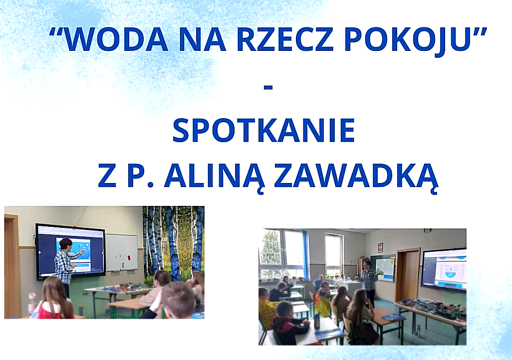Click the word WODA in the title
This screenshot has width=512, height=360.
pos(115,39)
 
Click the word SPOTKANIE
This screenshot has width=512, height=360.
pos(263,130)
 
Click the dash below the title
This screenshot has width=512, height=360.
pos(268,87)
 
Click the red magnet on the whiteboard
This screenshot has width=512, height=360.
pos(129,257)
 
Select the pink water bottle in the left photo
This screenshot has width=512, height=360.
pos(32,303)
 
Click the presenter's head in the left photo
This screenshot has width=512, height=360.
pos(66,244)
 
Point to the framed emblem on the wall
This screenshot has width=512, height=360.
pos(380,247)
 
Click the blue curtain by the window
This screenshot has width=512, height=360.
pos(305,255)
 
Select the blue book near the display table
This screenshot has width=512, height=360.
pos(393,317)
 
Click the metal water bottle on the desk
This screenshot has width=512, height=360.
pos(317,320)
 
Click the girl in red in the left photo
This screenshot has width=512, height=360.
pos(54,298)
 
